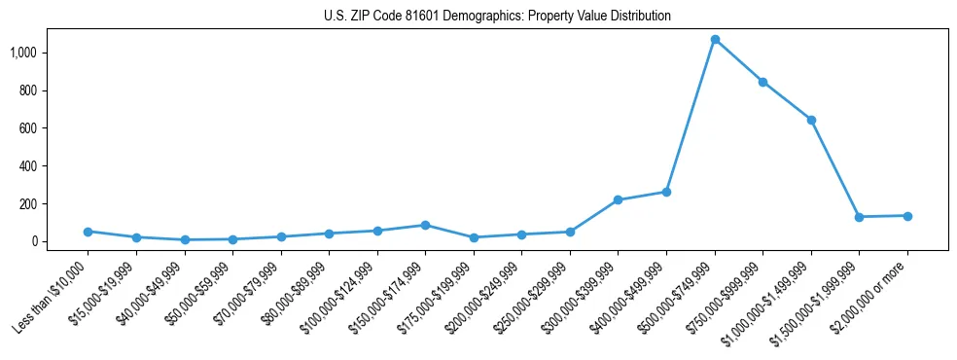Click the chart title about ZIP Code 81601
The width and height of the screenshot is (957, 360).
[497, 17]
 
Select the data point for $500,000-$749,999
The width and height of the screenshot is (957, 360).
[715, 40]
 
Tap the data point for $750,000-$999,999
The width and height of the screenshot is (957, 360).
[762, 82]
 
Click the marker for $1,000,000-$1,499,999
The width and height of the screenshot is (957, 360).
[811, 120]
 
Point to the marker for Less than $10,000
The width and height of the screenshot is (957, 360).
[88, 232]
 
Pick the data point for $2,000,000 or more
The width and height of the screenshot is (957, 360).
[907, 216]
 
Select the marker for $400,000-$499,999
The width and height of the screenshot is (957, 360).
[666, 192]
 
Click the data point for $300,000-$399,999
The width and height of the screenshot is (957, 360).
[618, 200]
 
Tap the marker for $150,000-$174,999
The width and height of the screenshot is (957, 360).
[425, 225]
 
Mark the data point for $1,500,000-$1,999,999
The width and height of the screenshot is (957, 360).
[859, 217]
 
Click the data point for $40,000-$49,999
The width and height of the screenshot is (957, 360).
[184, 239]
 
